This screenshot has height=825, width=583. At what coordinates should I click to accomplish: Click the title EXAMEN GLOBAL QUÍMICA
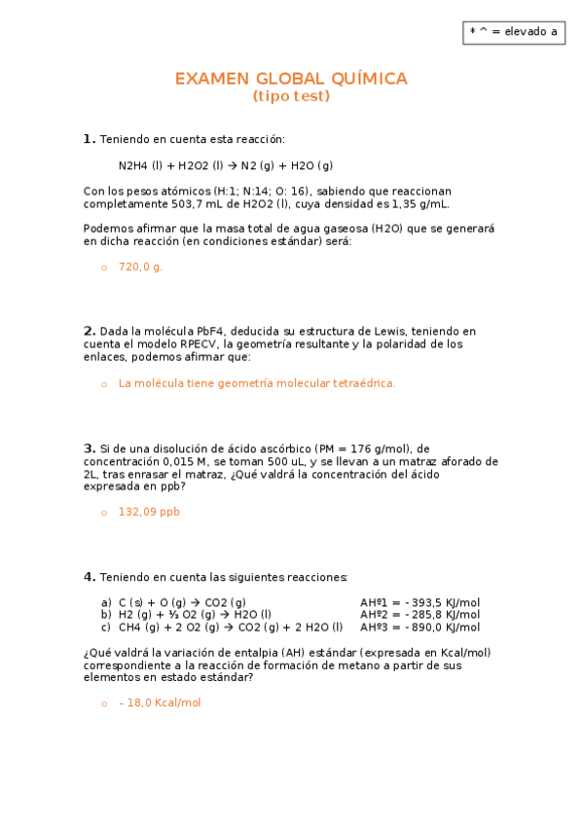click(x=291, y=79)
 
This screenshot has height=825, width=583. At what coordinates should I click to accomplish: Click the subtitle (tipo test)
click(x=291, y=96)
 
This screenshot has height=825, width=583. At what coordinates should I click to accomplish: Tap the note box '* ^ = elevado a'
click(x=513, y=31)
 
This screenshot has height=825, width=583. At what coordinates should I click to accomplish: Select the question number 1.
click(x=89, y=138)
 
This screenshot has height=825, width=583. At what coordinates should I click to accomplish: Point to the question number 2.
click(x=89, y=331)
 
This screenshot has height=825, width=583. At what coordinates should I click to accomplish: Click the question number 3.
click(x=89, y=448)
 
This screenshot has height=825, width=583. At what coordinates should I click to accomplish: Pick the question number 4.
click(x=89, y=577)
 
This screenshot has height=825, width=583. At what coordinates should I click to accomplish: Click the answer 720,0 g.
click(x=140, y=267)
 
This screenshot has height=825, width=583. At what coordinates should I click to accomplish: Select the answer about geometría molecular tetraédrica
click(x=257, y=384)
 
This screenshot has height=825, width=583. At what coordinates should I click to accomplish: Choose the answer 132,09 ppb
click(x=149, y=512)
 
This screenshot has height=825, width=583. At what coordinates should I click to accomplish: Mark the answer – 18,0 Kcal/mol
click(x=160, y=702)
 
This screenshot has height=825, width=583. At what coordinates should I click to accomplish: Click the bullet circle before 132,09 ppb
click(x=103, y=513)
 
